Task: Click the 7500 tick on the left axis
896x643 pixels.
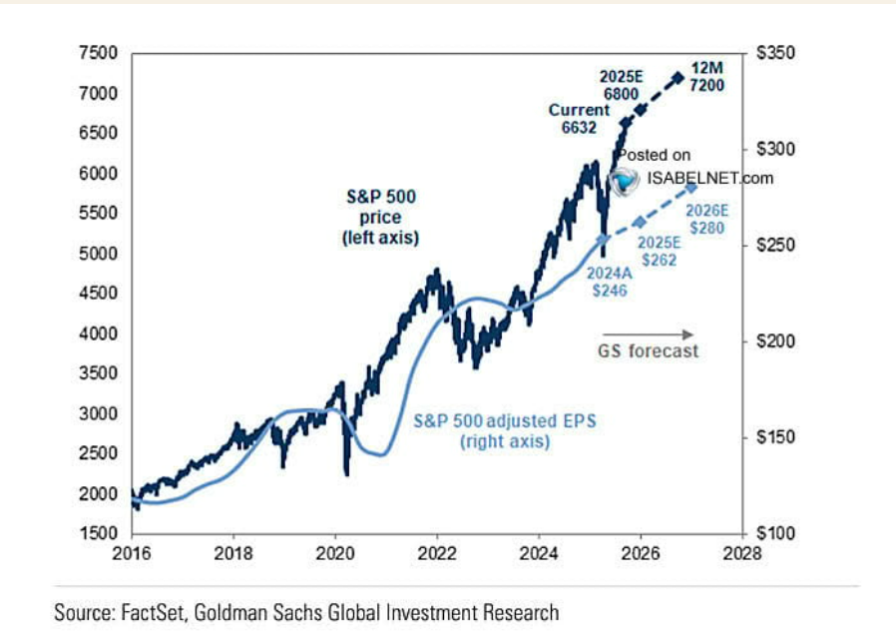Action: (99, 53)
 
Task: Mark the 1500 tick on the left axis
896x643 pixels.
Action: (99, 534)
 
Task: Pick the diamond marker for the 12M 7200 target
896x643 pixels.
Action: (678, 77)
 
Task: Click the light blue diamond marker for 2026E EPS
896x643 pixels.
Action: (690, 188)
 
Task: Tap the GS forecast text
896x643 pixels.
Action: (649, 350)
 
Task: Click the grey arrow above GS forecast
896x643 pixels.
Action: (648, 333)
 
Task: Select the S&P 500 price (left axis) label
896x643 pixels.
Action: (373, 217)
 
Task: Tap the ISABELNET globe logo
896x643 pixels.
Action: (626, 180)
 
